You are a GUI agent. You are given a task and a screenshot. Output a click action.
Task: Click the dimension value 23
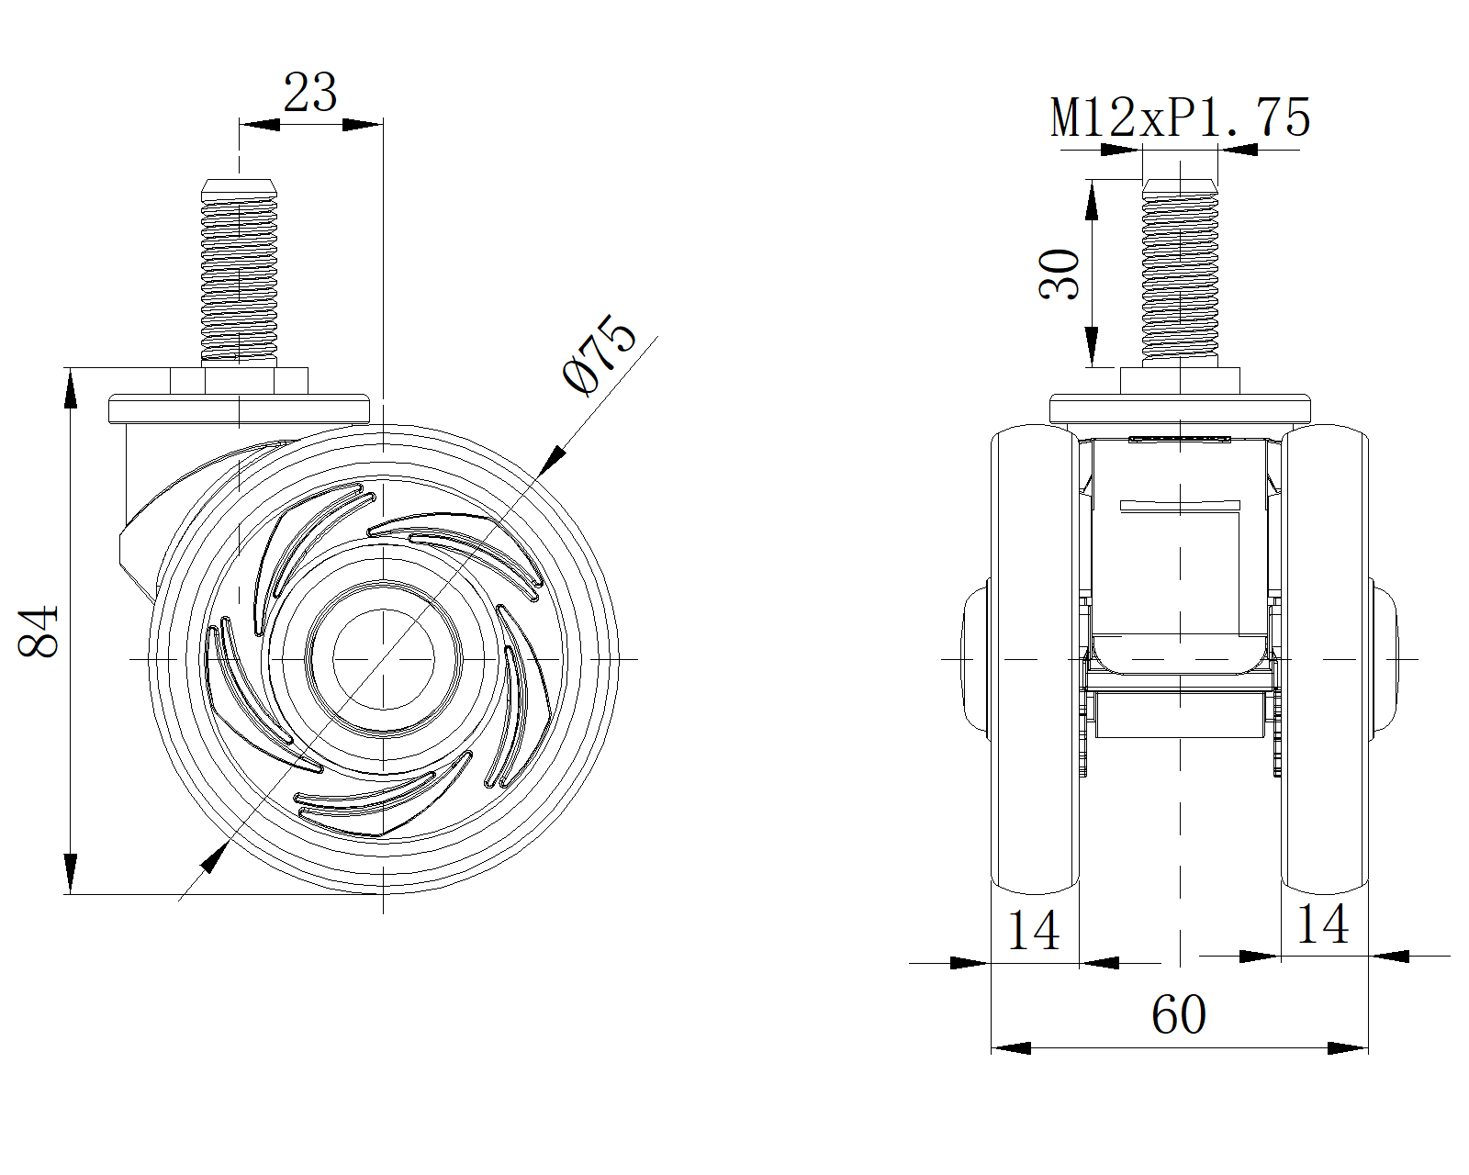310,92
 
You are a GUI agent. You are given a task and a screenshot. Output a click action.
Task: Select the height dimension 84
39,631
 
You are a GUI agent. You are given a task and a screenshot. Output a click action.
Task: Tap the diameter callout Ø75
600,354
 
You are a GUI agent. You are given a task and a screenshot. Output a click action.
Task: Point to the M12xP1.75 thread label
1181,117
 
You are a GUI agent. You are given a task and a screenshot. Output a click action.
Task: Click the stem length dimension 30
1059,274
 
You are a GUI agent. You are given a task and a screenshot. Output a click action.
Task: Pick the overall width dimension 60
1179,1014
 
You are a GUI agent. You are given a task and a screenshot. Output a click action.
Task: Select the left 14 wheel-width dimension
1034,930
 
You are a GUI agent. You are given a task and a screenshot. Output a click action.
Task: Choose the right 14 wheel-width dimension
1322,924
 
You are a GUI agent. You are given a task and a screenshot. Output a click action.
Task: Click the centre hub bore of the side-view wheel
384,659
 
